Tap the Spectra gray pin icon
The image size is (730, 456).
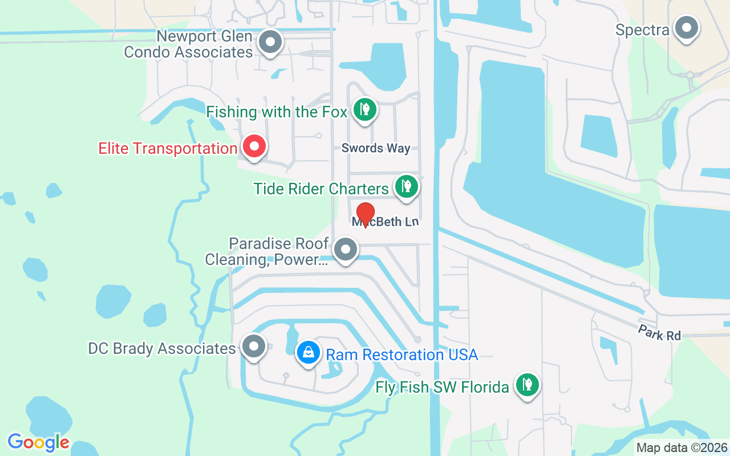(x=686, y=27)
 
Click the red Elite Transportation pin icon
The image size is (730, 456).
(x=254, y=146)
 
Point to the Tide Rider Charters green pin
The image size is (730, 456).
(x=406, y=186)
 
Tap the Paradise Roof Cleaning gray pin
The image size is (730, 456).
(x=345, y=250)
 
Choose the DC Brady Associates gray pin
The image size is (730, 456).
(x=254, y=346)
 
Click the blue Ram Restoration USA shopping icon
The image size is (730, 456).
(x=308, y=352)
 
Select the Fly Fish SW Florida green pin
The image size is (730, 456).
(x=528, y=385)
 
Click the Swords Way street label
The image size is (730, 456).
(x=376, y=148)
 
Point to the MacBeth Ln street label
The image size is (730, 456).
(x=386, y=222)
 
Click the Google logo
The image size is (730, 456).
(x=39, y=442)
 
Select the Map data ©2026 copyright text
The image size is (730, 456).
(x=682, y=447)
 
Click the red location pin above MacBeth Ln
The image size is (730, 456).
(x=365, y=214)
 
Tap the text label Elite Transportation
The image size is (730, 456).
(x=167, y=149)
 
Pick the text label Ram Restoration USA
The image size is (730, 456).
(x=401, y=355)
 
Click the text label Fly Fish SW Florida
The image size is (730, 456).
(x=442, y=388)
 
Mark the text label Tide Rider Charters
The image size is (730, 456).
(x=321, y=189)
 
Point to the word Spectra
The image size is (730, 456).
(x=642, y=30)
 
